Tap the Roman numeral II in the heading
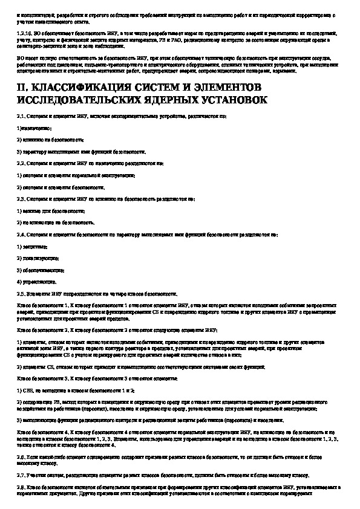[21, 86]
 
